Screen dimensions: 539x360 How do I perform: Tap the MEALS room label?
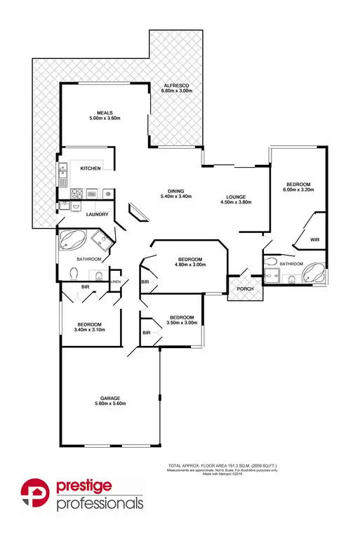tap(106, 112)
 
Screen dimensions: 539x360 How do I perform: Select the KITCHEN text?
tap(91, 169)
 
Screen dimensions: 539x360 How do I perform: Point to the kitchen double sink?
tap(62, 173)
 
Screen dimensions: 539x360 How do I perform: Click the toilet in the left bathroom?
tap(75, 273)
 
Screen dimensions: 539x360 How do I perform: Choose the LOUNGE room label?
tap(235, 197)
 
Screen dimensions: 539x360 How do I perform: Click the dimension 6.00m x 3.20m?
tap(297, 189)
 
